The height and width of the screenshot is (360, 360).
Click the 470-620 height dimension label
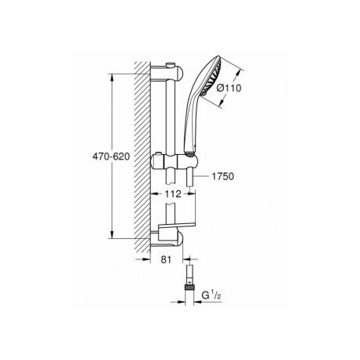pos(111,156)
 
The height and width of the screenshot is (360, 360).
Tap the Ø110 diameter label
pos(229,88)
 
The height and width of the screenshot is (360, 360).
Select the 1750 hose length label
pos(222,176)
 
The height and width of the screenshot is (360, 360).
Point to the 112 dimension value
pos(173,194)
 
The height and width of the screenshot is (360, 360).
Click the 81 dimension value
pos(166,259)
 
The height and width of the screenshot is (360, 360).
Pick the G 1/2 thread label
pos(211,296)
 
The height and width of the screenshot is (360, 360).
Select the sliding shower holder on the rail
pos(174,161)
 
